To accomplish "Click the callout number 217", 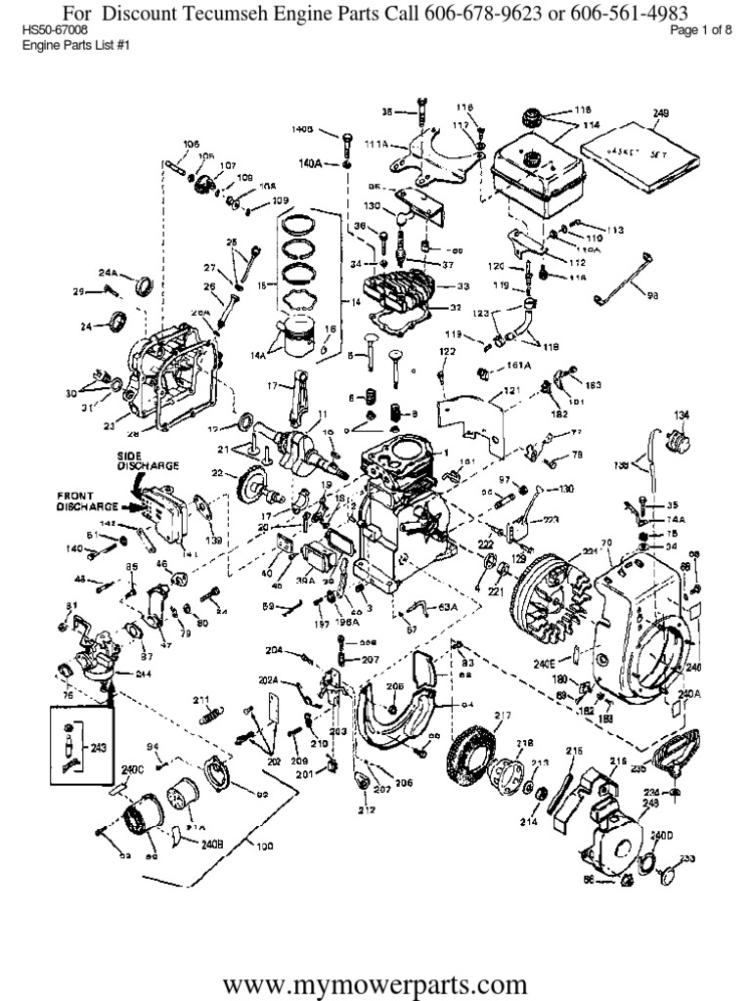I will [x=503, y=716].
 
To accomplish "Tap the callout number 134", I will [x=681, y=413].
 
